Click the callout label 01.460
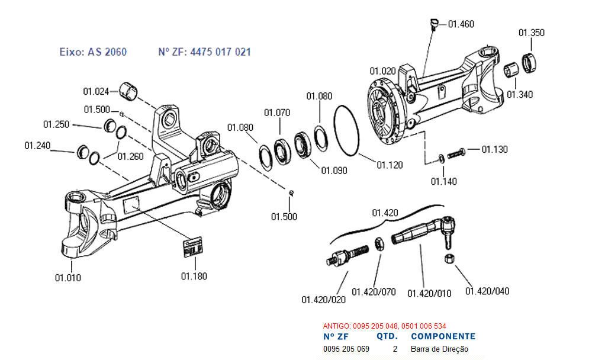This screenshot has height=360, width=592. click(461, 24)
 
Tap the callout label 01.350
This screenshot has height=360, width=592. click(531, 33)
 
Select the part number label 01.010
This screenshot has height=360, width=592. click(68, 278)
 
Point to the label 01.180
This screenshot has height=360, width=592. click(194, 277)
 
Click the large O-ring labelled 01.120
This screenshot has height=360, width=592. click(346, 130)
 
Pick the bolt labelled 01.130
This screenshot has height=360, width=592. click(456, 153)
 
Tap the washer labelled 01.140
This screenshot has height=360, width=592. click(440, 158)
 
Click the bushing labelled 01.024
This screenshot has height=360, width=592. click(128, 92)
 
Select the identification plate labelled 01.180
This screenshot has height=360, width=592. click(193, 247)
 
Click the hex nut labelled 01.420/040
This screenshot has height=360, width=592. click(449, 259)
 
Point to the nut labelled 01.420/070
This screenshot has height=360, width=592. click(379, 244)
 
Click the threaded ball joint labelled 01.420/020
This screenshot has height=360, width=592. click(348, 255)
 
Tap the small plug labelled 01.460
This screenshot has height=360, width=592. click(434, 24)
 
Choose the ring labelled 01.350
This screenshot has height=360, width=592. click(529, 63)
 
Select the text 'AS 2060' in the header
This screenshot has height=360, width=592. click(107, 52)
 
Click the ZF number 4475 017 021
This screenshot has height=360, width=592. click(220, 52)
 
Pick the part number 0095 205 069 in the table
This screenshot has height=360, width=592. click(346, 349)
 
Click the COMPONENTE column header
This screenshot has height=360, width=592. click(443, 336)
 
